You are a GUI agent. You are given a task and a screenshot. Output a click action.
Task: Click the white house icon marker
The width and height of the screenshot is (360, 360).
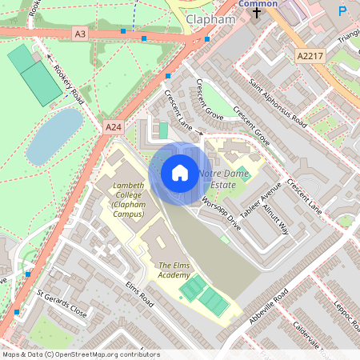(x=180, y=173)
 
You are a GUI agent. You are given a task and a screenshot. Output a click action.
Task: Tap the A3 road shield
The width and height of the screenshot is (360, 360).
(x=79, y=34)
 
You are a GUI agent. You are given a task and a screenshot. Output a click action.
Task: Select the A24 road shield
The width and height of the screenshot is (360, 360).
(x=113, y=127)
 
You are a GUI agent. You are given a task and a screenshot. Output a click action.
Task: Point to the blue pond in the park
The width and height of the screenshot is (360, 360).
(x=54, y=134)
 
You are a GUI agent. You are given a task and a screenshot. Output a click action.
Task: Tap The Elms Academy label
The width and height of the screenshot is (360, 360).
(x=174, y=270)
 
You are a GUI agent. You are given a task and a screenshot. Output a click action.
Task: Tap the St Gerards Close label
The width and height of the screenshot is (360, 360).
(x=62, y=309)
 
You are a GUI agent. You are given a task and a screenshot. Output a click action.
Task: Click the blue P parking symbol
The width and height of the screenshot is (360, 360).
(x=342, y=12)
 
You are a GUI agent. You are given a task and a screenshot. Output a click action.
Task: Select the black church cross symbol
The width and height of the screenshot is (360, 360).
(x=257, y=14)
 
